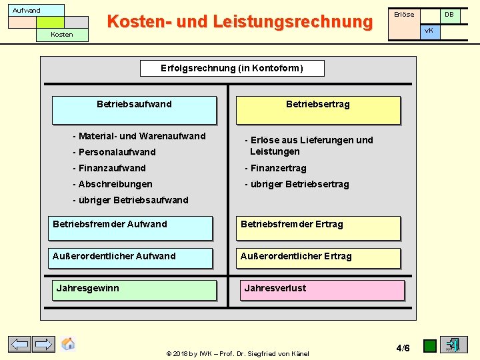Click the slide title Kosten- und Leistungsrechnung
click(239, 22)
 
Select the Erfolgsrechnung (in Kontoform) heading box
click(232, 68)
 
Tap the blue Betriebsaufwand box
click(134, 110)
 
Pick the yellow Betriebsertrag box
click(318, 110)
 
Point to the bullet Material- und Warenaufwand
click(139, 136)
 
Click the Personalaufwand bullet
click(114, 152)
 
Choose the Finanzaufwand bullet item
click(109, 168)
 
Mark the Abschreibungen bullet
click(113, 184)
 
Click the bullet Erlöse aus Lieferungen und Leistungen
click(309, 145)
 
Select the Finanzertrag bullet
click(275, 168)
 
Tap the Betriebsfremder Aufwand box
click(130, 228)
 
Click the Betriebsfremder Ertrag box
click(318, 228)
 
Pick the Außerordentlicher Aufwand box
click(130, 258)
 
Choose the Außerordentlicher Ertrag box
click(318, 258)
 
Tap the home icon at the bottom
click(68, 344)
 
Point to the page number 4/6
click(403, 348)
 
